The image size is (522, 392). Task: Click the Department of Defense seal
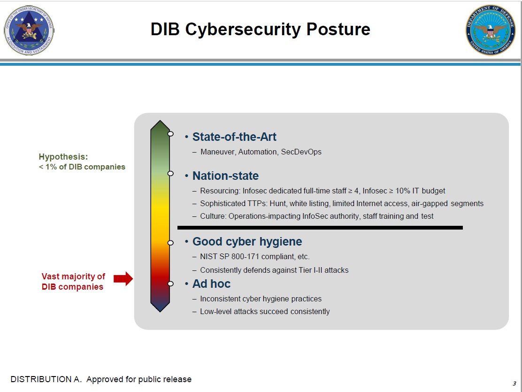click(x=491, y=30)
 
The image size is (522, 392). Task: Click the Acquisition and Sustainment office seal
click(x=29, y=31)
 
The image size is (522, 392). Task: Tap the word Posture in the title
click(x=338, y=29)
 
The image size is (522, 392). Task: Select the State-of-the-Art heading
click(x=234, y=137)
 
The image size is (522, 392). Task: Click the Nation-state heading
click(x=225, y=176)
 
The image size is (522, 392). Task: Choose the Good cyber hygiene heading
click(x=247, y=241)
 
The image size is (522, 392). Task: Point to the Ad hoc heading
click(x=211, y=284)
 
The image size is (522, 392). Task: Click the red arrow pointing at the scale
click(x=123, y=278)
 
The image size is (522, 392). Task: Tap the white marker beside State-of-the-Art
click(x=170, y=134)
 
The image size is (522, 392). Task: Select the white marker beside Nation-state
click(x=170, y=174)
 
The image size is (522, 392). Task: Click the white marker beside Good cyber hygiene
click(x=170, y=243)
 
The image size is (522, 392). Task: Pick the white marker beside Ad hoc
click(x=170, y=284)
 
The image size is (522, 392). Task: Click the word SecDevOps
click(x=301, y=152)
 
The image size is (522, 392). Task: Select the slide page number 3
click(x=514, y=384)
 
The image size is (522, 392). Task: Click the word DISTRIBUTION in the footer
click(x=41, y=379)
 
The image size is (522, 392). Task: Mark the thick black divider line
click(x=320, y=228)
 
